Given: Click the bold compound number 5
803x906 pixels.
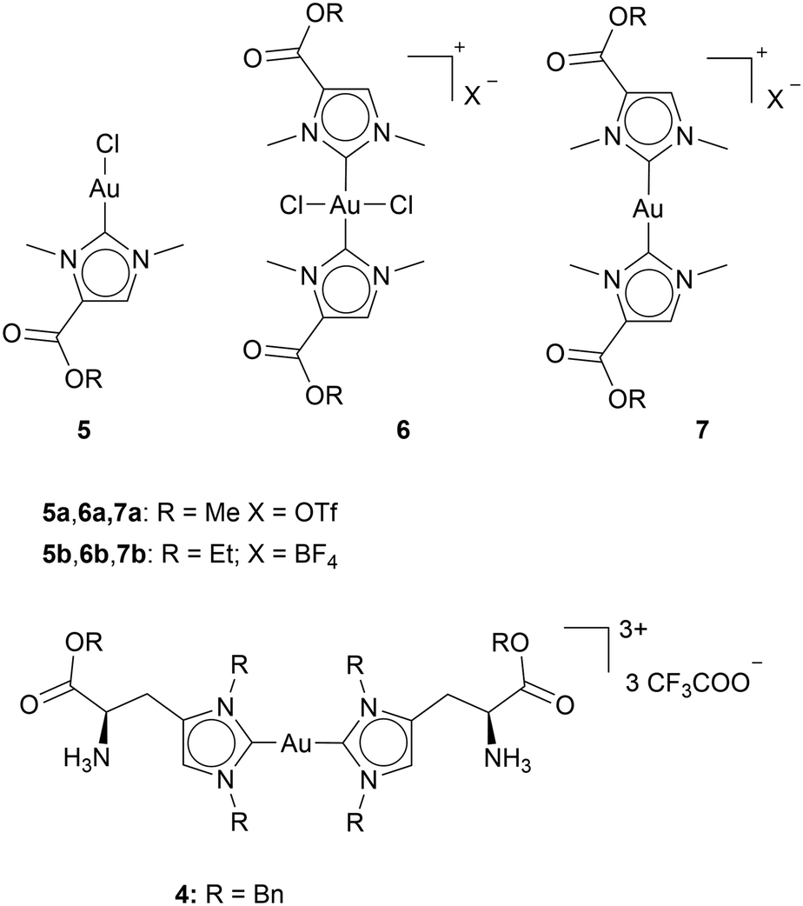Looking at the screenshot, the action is pyautogui.click(x=84, y=430).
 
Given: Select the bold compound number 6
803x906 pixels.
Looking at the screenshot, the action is pyautogui.click(x=403, y=430).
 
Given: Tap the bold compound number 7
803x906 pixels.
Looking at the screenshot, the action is pyautogui.click(x=701, y=430).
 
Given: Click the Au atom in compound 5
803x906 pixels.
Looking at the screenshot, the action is pyautogui.click(x=104, y=189).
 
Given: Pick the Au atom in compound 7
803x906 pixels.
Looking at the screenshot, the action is pyautogui.click(x=648, y=209).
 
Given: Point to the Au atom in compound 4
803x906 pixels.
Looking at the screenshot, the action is pyautogui.click(x=296, y=745).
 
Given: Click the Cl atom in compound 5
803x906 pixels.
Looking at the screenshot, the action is pyautogui.click(x=108, y=144).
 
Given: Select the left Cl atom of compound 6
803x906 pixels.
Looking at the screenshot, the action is pyautogui.click(x=292, y=206).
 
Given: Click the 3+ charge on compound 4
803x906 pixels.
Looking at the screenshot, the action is pyautogui.click(x=634, y=631).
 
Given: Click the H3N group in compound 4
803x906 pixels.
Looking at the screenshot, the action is pyautogui.click(x=87, y=758).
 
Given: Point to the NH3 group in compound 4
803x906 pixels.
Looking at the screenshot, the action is pyautogui.click(x=508, y=758).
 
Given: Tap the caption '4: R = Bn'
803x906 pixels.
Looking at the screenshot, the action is pyautogui.click(x=229, y=895).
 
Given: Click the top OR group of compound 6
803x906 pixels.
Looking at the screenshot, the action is pyautogui.click(x=324, y=14).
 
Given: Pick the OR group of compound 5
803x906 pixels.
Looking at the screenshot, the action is pyautogui.click(x=83, y=379).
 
